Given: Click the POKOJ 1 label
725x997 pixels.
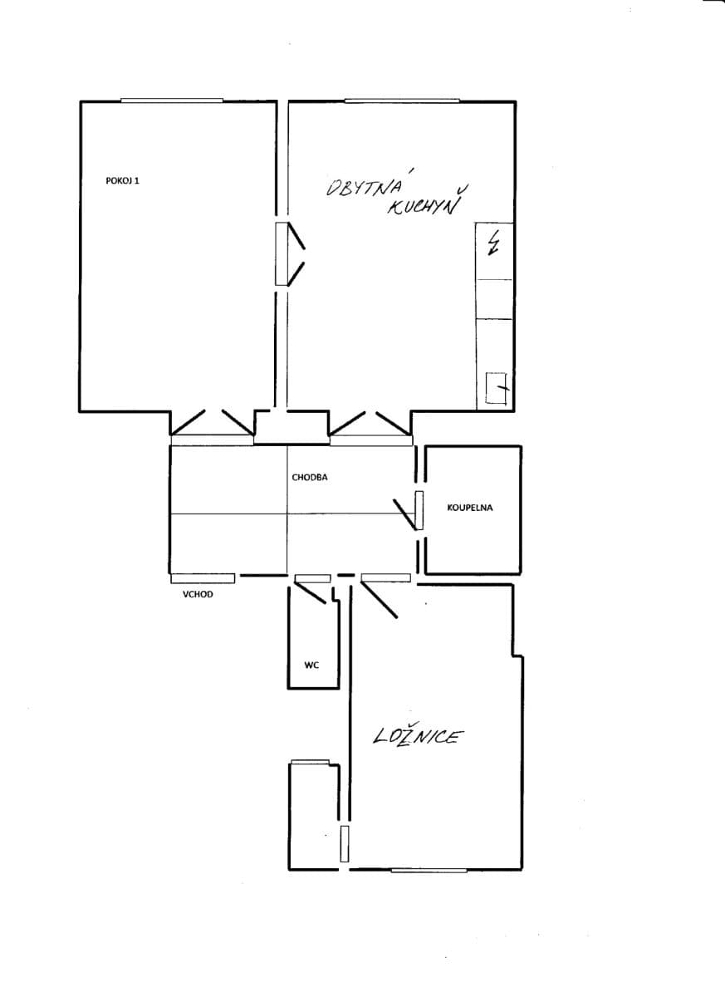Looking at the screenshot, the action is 122,181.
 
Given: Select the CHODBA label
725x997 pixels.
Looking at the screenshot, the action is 310,477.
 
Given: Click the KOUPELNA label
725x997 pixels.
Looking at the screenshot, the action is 470,508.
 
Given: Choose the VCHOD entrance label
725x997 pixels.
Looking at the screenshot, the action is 198,594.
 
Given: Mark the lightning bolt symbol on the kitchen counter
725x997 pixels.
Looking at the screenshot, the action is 492,243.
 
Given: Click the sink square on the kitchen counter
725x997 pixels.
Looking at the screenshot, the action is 496,388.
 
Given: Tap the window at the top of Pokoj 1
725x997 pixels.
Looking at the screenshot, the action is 172,101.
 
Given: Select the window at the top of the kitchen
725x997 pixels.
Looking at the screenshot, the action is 402,101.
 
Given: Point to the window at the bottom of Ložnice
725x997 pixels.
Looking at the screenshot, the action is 429,870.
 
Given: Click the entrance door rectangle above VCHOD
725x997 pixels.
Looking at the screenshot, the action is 203,578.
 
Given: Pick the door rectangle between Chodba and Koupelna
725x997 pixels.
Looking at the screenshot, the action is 419,510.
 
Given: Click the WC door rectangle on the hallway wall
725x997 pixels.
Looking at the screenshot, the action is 313,578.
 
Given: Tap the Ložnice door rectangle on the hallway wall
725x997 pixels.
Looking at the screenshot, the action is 385,577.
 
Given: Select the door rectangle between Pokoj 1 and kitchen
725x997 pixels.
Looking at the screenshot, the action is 282,253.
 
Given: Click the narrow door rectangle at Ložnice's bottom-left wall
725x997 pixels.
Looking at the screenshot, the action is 345,843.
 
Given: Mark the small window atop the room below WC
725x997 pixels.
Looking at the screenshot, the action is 310,762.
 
